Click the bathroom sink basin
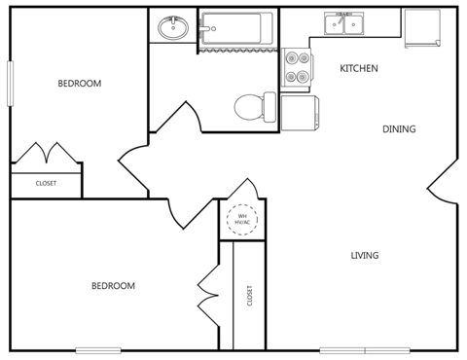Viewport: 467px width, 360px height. [173, 26]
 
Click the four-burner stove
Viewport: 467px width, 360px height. [295, 67]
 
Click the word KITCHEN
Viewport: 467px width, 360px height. [358, 69]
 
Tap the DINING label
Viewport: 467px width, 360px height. [398, 129]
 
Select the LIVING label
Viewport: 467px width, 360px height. [365, 256]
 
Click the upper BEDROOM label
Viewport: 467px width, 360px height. [79, 84]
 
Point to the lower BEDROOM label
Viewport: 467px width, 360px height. [113, 286]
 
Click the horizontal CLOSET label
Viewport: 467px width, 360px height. [46, 183]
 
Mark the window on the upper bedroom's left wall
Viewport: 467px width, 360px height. [12, 84]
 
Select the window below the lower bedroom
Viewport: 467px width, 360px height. [98, 350]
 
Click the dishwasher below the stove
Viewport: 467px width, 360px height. [299, 112]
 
